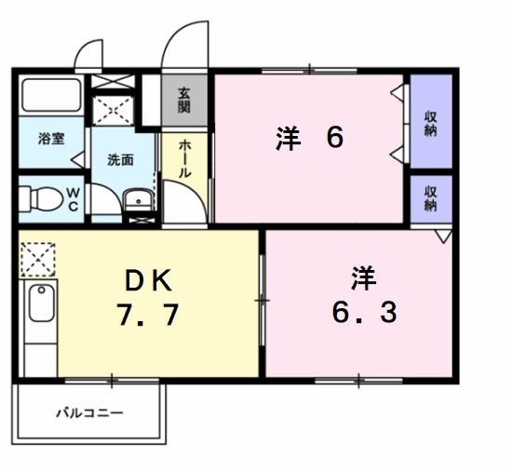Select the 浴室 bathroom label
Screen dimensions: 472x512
[x=50, y=139]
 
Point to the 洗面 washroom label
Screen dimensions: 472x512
[x=120, y=158]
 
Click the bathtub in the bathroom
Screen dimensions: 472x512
[x=50, y=96]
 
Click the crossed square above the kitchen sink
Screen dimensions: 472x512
[x=39, y=258]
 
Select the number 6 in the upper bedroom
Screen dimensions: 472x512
[x=335, y=138]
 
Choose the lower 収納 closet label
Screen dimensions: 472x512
[x=431, y=198]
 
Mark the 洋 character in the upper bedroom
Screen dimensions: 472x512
[x=289, y=138]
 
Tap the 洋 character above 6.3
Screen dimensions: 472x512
[x=363, y=276]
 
